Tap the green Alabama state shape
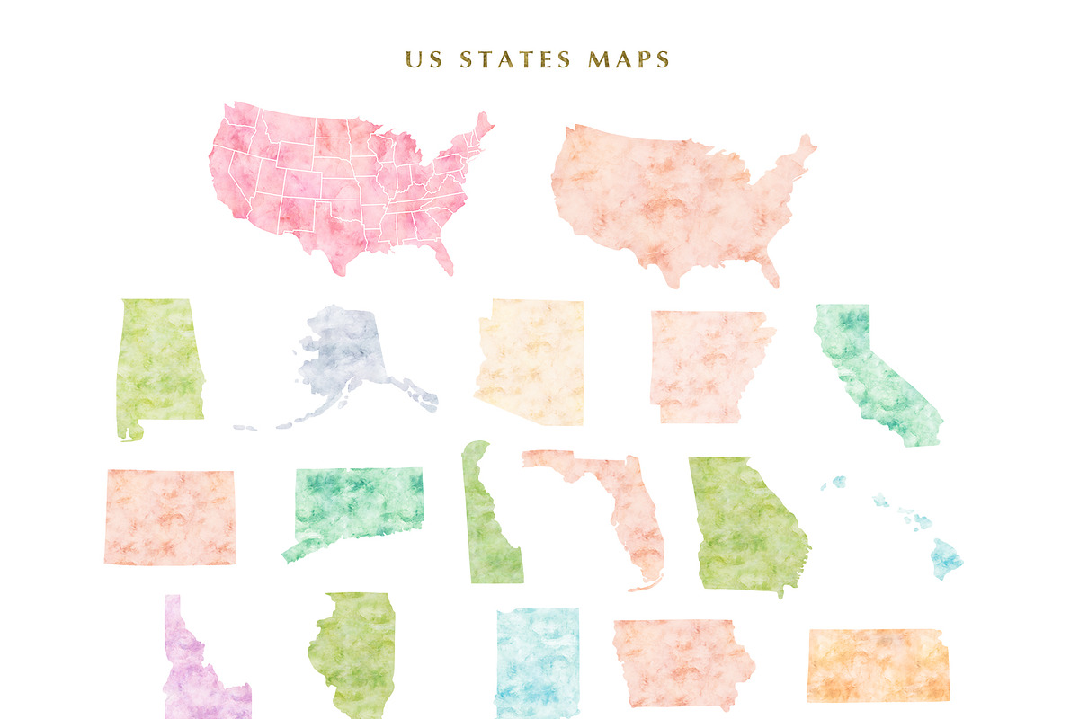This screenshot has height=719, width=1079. point(157,364)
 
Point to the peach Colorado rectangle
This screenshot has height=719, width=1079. point(170,517)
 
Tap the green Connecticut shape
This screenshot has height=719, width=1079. point(360,508)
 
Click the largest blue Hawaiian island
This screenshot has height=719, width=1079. point(947,557)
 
